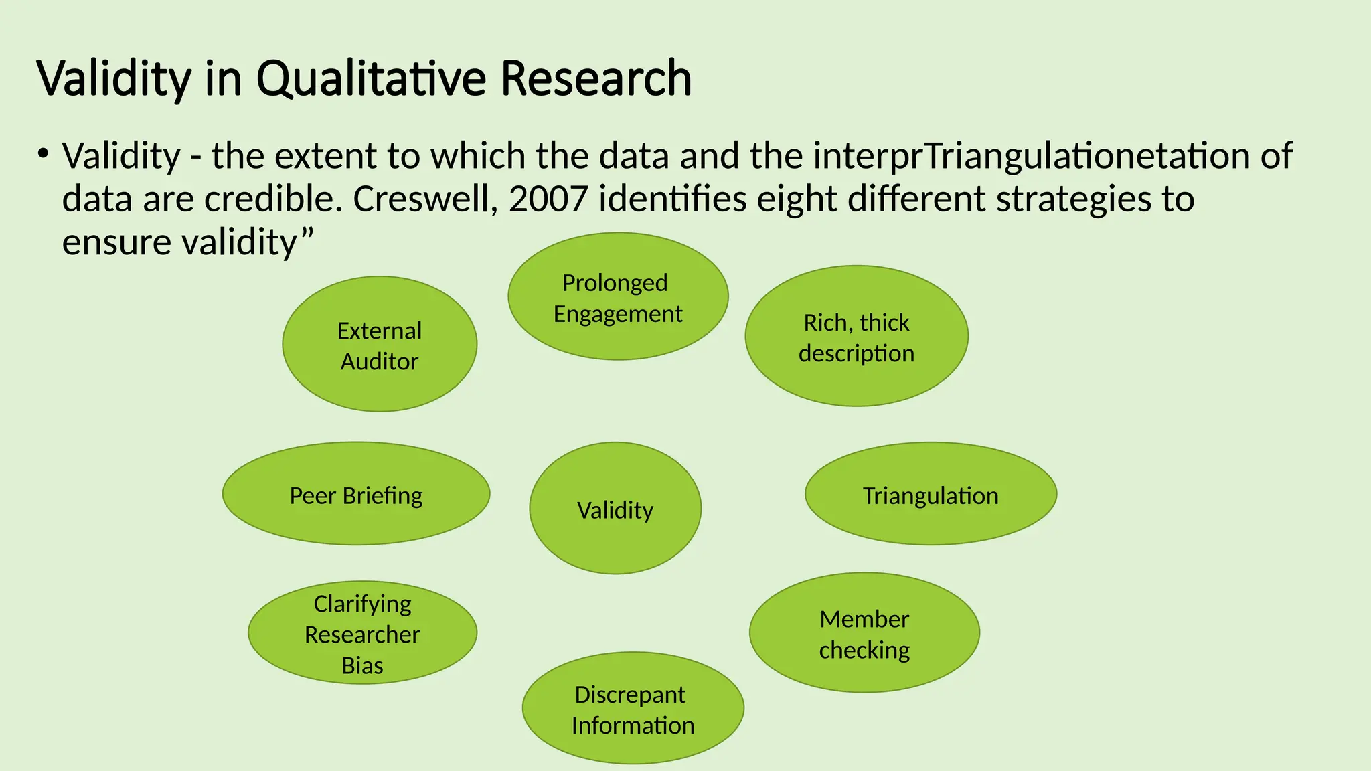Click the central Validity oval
pos(615,509)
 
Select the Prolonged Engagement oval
pos(618,297)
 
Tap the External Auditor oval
pos(380,345)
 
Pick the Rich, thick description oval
pos(856,337)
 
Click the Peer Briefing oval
pos(356,495)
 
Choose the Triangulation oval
pos(931,495)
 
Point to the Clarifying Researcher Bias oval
pos(362,633)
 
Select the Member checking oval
pos(864,633)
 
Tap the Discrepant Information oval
pos(633,709)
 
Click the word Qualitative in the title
pos(372,79)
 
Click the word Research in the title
pos(596,79)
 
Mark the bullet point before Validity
pos(44,155)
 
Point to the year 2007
pos(548,199)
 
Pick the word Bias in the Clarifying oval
pos(362,665)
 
